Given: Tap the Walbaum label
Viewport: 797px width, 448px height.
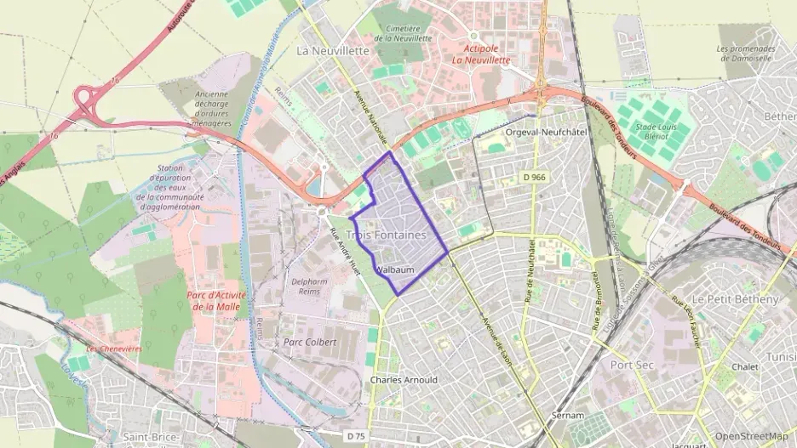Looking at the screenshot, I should tap(394, 270).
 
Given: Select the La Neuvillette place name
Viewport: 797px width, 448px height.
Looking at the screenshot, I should tap(333, 50).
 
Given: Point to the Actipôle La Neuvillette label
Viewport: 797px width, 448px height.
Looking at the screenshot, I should tap(480, 54).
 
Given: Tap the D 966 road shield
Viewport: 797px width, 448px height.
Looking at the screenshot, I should tap(534, 176).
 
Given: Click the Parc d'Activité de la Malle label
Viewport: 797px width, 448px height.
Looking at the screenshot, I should tap(213, 301).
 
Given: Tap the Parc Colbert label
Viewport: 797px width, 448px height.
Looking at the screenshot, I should tap(310, 342).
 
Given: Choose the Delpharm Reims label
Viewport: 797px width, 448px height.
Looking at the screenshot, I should tap(310, 286).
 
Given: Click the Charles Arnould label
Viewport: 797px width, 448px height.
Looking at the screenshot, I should tap(404, 380).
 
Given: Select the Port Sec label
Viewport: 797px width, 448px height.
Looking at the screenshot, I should tap(631, 364).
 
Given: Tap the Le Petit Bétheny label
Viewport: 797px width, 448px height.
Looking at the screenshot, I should tap(735, 300).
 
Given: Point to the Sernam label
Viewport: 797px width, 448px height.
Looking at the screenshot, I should tap(567, 416).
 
